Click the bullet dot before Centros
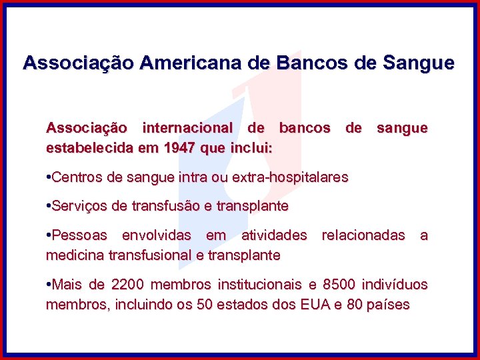[x=48, y=177]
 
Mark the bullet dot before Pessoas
[x=48, y=235]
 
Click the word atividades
[x=274, y=235]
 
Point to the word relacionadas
[x=363, y=235]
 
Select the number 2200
[x=127, y=285]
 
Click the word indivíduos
[x=394, y=285]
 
